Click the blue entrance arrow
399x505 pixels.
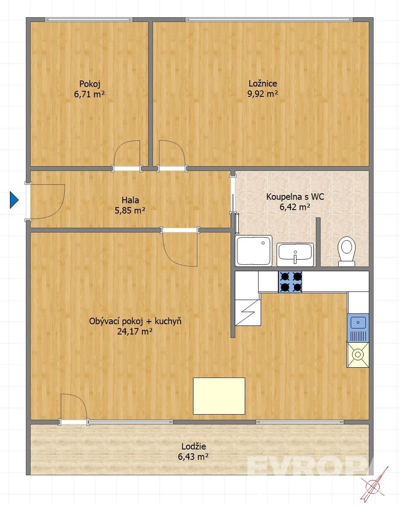tap(14, 200)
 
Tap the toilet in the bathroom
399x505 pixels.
tap(346, 251)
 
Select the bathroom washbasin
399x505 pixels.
tap(295, 254)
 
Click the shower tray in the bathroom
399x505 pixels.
tap(254, 251)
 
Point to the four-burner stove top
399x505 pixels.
tap(290, 282)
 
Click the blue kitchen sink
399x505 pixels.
tap(358, 328)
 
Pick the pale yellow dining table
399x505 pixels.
tap(219, 396)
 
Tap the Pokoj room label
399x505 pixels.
tap(90, 84)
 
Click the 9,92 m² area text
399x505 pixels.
tap(263, 94)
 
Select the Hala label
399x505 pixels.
tap(130, 200)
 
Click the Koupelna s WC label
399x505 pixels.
tap(295, 196)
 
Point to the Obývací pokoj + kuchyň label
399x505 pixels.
tap(135, 321)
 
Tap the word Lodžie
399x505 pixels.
tap(193, 446)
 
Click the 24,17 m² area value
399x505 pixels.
tap(135, 331)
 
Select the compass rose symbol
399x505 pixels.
tap(374, 485)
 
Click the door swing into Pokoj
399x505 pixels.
tap(127, 153)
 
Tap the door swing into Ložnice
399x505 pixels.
tap(172, 153)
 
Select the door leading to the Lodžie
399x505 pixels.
tap(74, 407)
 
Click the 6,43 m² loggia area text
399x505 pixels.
tap(193, 456)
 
